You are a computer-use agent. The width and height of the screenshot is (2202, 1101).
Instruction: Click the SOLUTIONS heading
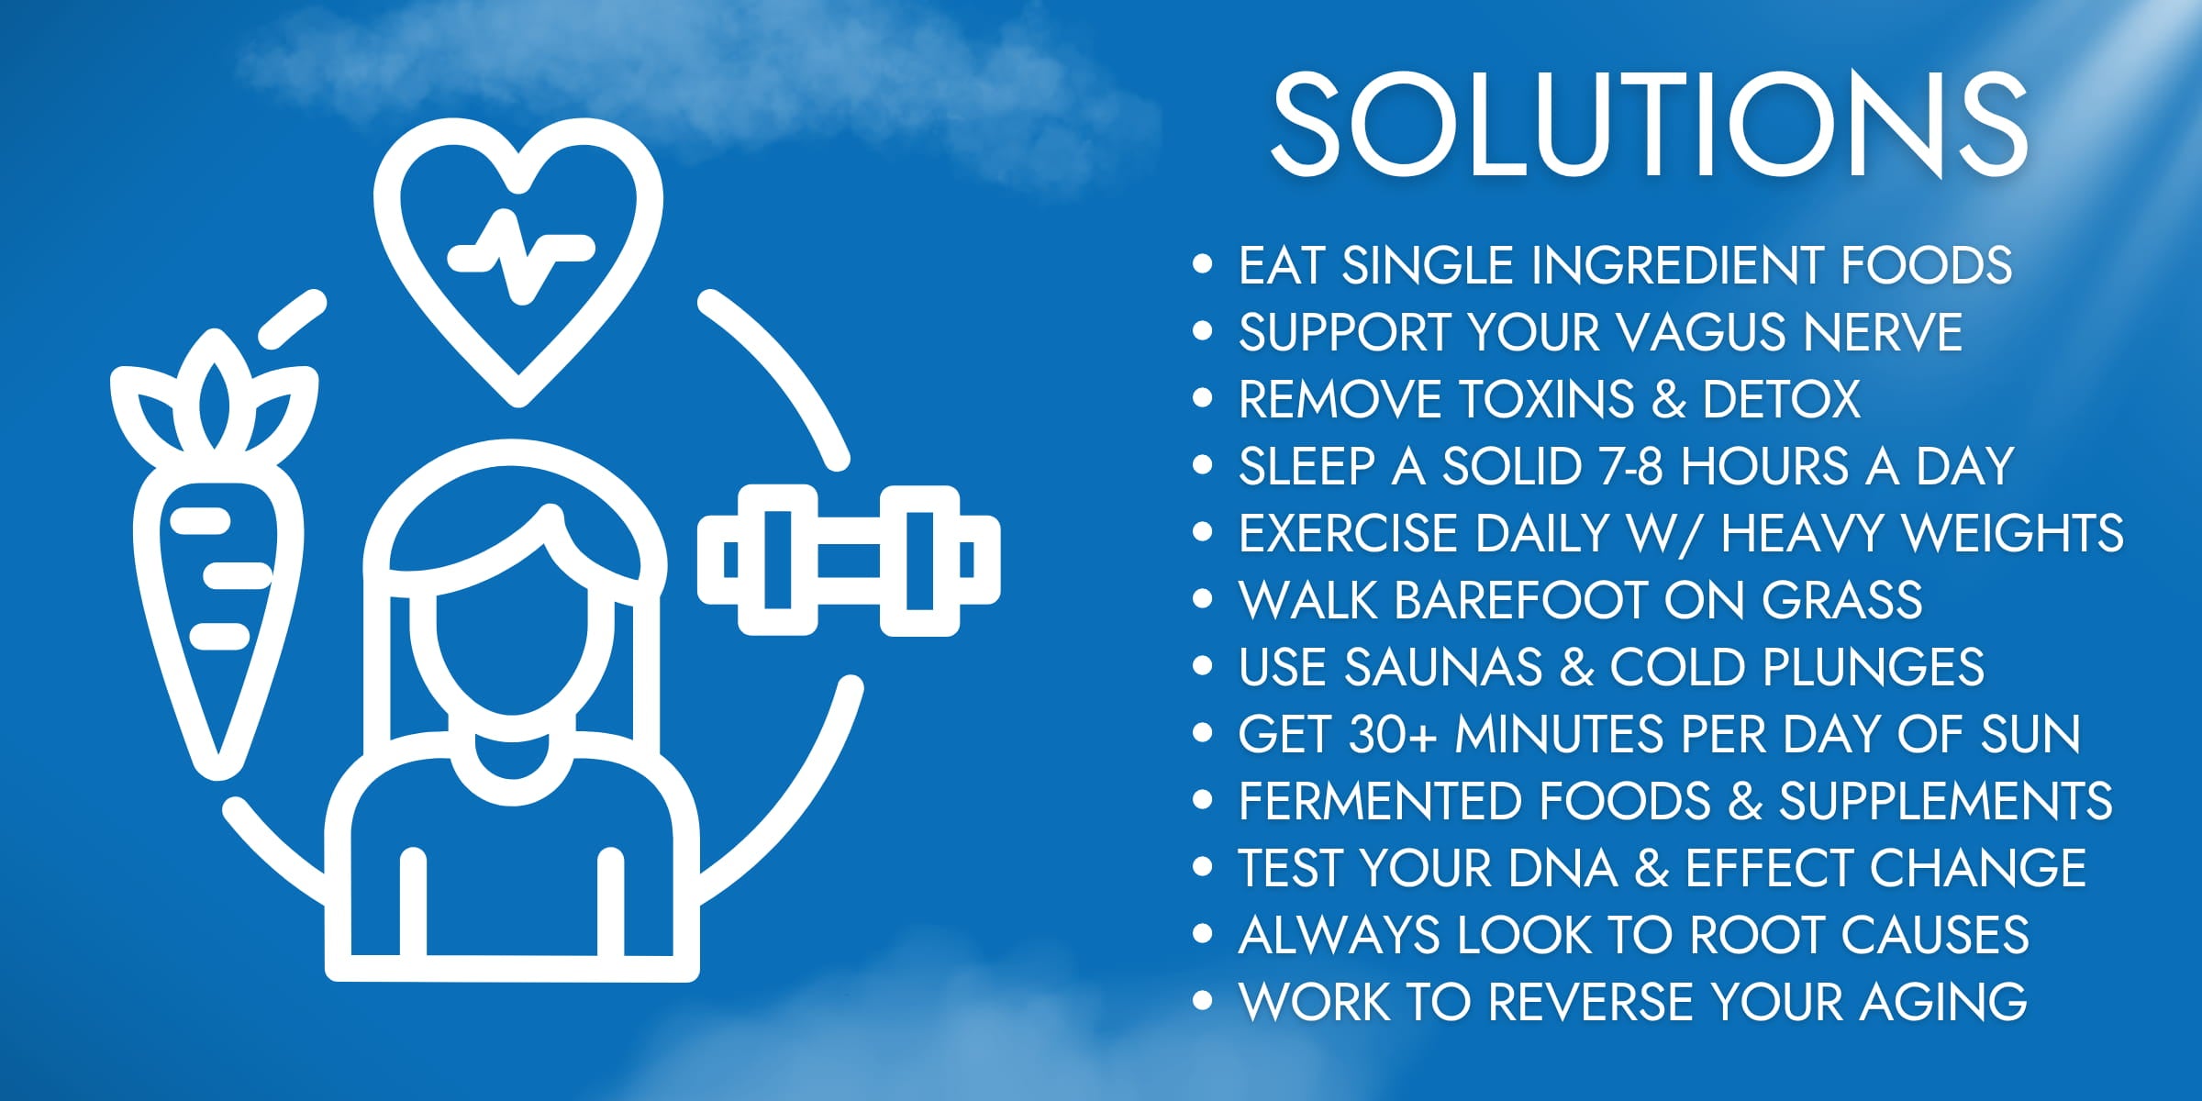click(x=1649, y=125)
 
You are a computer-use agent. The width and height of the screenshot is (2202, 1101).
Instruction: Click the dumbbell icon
click(x=849, y=561)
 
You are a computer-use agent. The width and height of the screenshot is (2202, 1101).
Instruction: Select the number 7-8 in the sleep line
click(x=1630, y=466)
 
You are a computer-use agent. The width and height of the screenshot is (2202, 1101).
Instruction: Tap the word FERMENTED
click(x=1381, y=801)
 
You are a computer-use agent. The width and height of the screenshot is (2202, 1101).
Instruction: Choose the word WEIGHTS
click(x=2013, y=533)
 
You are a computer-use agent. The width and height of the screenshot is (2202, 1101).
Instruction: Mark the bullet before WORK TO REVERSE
click(x=1202, y=1001)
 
